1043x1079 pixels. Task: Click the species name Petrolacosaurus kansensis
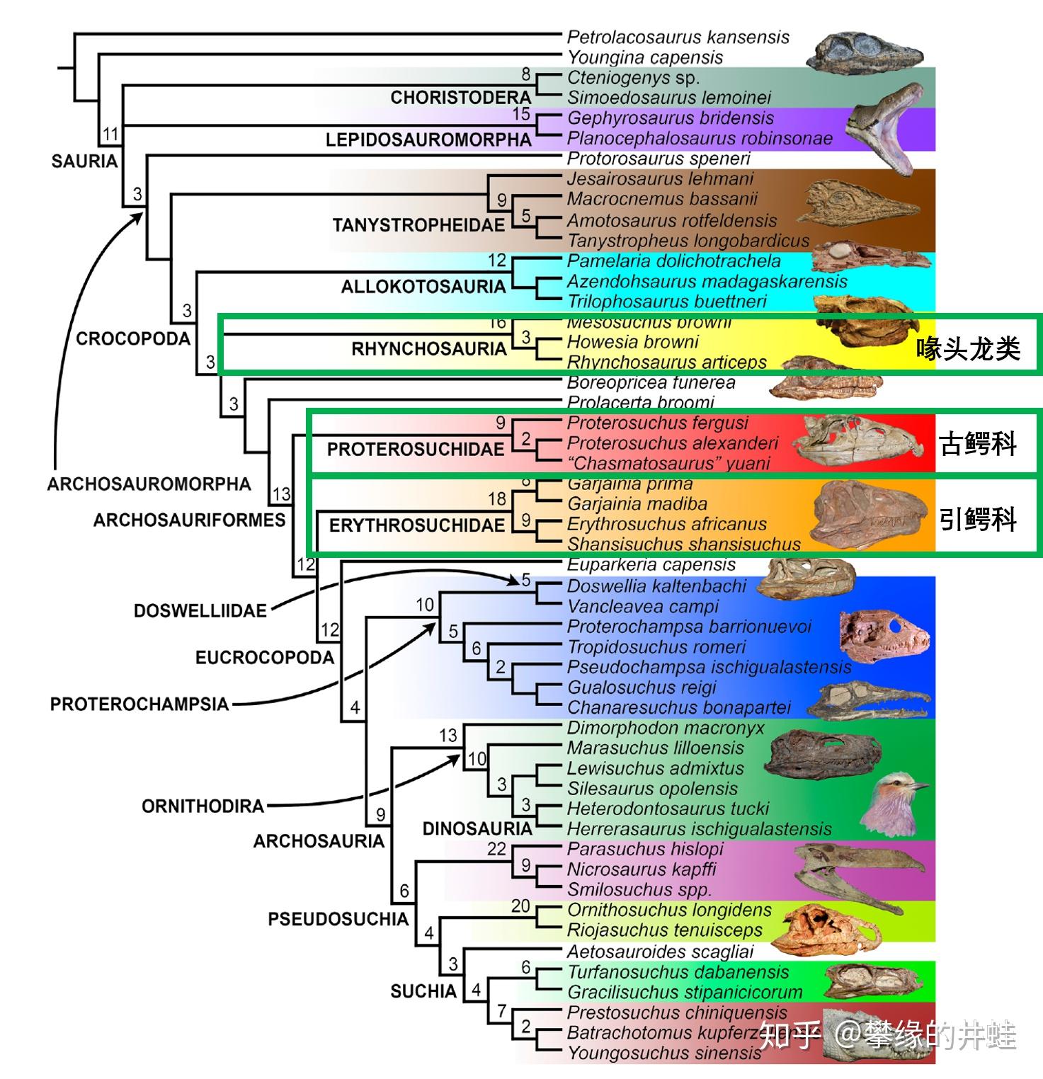(678, 37)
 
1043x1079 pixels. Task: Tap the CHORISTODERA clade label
(460, 98)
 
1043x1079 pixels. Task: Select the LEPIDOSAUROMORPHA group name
(428, 139)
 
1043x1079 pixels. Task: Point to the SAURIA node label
(84, 161)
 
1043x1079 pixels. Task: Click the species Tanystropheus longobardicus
(688, 241)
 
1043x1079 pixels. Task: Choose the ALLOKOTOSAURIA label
(423, 287)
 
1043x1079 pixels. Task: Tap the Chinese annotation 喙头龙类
(968, 348)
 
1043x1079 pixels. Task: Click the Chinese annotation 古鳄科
(978, 444)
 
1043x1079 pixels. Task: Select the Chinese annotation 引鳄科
(978, 520)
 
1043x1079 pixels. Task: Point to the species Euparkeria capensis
(651, 565)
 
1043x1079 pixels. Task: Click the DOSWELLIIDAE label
(200, 610)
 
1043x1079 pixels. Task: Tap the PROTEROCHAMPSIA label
(139, 704)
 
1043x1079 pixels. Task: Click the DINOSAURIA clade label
(477, 828)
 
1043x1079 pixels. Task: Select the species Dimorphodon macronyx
(665, 728)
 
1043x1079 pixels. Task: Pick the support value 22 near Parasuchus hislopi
(496, 849)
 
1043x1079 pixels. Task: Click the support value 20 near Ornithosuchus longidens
(520, 906)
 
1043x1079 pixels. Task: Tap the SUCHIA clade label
(423, 991)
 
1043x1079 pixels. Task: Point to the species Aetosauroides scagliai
(660, 952)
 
